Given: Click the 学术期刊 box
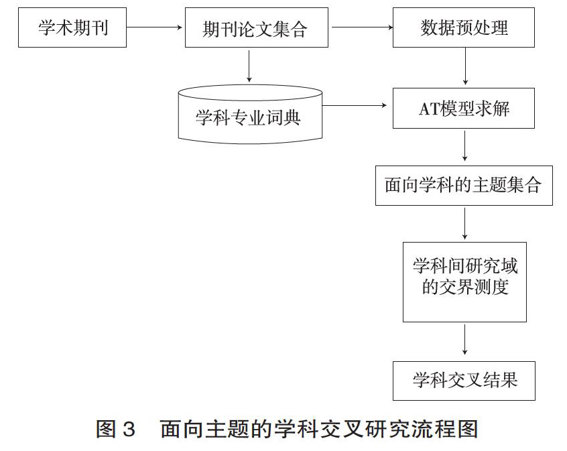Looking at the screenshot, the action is pyautogui.click(x=72, y=27).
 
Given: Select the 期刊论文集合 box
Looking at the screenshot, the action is pyautogui.click(x=257, y=27).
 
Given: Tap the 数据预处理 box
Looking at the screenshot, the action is pyautogui.click(x=464, y=27).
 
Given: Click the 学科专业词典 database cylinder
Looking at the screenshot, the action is pyautogui.click(x=250, y=115).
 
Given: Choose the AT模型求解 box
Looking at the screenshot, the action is pyautogui.click(x=464, y=108).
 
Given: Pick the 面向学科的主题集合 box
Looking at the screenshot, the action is pyautogui.click(x=464, y=186).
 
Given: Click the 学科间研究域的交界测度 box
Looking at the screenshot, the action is pyautogui.click(x=464, y=282).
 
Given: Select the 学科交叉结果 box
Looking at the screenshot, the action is pyautogui.click(x=464, y=381).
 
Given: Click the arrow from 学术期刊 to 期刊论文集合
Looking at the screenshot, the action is pyautogui.click(x=154, y=27).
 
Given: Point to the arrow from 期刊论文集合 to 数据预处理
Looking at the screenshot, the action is pyautogui.click(x=362, y=27).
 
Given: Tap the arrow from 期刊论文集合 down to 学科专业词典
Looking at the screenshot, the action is pyautogui.click(x=249, y=66).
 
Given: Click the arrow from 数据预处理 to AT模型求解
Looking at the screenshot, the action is pyautogui.click(x=465, y=66).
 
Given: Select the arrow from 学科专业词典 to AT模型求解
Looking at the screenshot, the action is pyautogui.click(x=355, y=106).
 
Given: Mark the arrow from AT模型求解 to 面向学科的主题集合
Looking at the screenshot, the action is pyautogui.click(x=464, y=145).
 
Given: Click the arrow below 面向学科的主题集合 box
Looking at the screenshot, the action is pyautogui.click(x=464, y=224).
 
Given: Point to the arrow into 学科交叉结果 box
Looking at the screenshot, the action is pyautogui.click(x=464, y=340).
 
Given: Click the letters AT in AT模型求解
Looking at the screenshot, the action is pyautogui.click(x=429, y=109).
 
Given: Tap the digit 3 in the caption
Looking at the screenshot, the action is pyautogui.click(x=129, y=430).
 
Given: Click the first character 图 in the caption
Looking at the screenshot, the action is pyautogui.click(x=106, y=430).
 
